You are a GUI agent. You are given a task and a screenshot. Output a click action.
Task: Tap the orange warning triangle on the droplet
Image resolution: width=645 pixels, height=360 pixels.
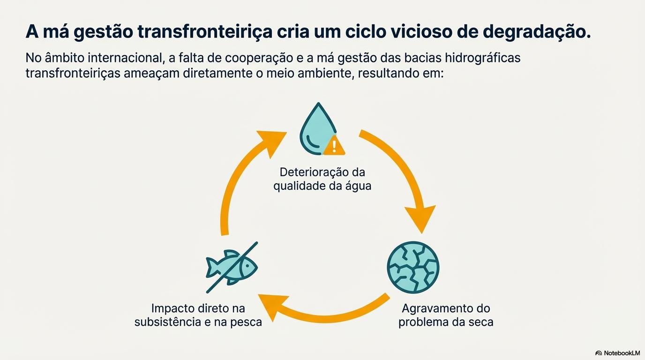pyautogui.click(x=334, y=145)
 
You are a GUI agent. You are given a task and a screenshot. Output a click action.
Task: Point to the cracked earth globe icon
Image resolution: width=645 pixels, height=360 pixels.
pyautogui.click(x=413, y=267)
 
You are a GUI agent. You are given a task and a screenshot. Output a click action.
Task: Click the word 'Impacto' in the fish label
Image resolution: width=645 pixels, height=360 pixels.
pyautogui.click(x=173, y=308)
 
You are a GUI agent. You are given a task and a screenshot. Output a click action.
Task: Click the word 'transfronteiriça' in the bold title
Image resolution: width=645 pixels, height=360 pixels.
pyautogui.click(x=205, y=32)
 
